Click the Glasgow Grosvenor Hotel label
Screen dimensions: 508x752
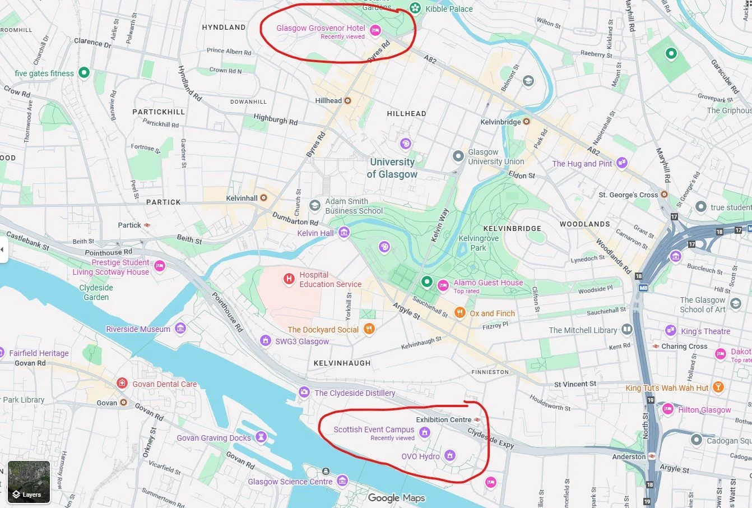321,28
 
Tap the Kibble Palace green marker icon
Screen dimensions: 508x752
415,8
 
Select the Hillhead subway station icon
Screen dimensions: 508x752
347,101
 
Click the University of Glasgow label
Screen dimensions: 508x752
392,168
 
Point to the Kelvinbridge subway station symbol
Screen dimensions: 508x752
526,122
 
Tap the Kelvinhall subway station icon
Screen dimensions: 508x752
263,198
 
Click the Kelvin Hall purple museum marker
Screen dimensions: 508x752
344,233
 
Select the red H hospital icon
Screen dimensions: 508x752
289,279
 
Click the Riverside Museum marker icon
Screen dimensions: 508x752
180,329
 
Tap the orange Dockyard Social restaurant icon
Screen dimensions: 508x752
369,329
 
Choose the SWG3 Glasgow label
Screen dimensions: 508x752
302,341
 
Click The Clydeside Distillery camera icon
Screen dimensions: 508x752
304,392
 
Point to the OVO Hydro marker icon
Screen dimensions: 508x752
449,456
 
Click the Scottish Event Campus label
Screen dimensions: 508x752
374,430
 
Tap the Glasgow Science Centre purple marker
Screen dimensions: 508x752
342,481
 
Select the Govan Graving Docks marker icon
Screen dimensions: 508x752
261,437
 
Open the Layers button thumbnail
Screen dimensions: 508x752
29,482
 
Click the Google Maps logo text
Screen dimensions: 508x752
396,498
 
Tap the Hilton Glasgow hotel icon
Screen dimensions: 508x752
668,409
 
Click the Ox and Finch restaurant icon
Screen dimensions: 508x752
459,313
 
